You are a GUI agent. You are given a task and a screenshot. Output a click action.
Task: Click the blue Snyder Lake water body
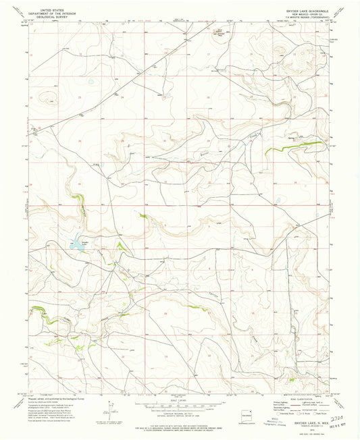76,246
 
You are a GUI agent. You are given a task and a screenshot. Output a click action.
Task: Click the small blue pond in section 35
276,199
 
